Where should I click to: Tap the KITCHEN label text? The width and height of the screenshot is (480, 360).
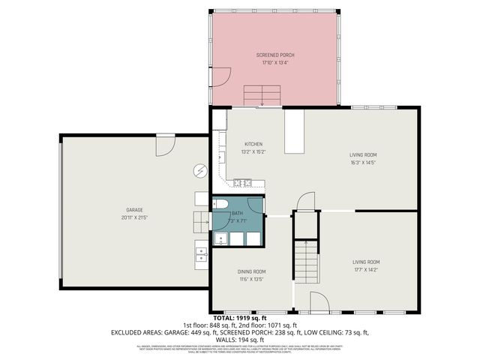click(x=253, y=144)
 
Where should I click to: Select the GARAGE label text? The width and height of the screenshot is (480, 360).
click(x=134, y=209)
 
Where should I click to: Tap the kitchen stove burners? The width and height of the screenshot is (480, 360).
click(x=241, y=182)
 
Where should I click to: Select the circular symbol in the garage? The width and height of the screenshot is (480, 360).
click(x=199, y=171)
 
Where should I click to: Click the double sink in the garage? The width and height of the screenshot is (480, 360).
click(x=201, y=256)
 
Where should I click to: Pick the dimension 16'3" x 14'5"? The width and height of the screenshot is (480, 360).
click(x=363, y=162)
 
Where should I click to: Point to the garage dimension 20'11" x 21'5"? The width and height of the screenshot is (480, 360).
click(x=134, y=217)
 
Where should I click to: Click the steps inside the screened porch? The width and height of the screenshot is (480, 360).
click(x=262, y=94)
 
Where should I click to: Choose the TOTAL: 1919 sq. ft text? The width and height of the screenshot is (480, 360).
click(x=239, y=318)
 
